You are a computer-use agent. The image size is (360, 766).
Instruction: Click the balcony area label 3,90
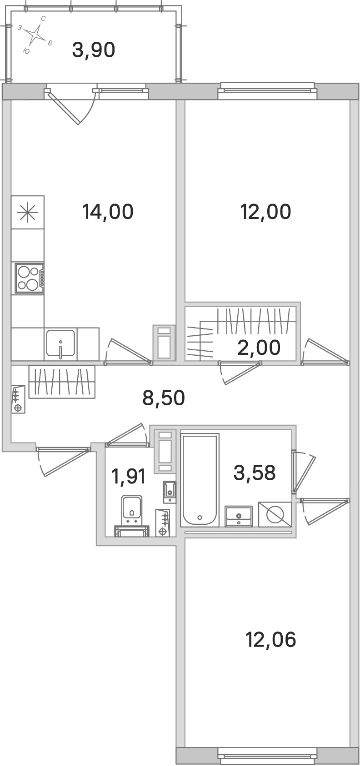coord(94,50)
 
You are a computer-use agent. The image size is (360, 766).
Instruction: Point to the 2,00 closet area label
coord(259,348)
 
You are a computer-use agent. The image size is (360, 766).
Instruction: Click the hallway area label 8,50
coord(164,398)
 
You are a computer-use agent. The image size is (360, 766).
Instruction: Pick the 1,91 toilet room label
coord(129,476)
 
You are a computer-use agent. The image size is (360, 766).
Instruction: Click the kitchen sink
coord(60,343)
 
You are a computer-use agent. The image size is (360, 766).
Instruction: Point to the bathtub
coord(200,480)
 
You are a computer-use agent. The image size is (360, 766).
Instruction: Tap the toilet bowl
coord(131,511)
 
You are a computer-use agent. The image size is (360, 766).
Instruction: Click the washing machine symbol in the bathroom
coord(275,514)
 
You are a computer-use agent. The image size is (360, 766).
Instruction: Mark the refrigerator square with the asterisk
coord(28,212)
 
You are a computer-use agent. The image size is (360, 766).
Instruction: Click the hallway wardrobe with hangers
coord(62,382)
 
